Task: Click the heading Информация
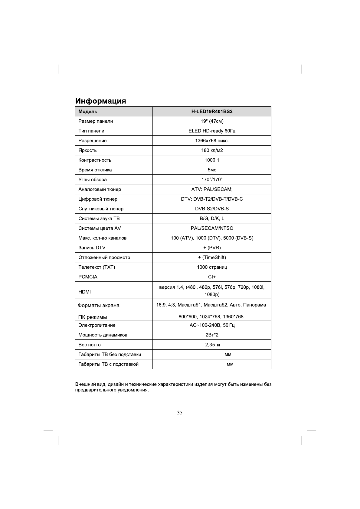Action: coord(100,101)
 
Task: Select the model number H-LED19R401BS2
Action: coord(212,112)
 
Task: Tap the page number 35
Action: coord(180,413)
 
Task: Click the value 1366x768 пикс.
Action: coord(212,141)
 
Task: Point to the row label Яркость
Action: coord(87,150)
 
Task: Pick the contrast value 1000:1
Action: coord(212,160)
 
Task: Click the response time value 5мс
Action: coord(212,170)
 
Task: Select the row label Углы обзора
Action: coord(93,180)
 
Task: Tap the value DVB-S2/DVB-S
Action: coord(212,209)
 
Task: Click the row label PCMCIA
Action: coord(88,277)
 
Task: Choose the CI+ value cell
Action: coord(212,277)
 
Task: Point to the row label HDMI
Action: coord(84,292)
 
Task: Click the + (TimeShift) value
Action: coord(212,257)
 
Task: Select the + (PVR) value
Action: coord(212,248)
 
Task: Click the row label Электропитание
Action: coord(97,325)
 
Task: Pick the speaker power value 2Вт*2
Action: coord(212,335)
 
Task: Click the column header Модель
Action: coord(88,112)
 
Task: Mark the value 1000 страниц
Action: coord(212,267)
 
